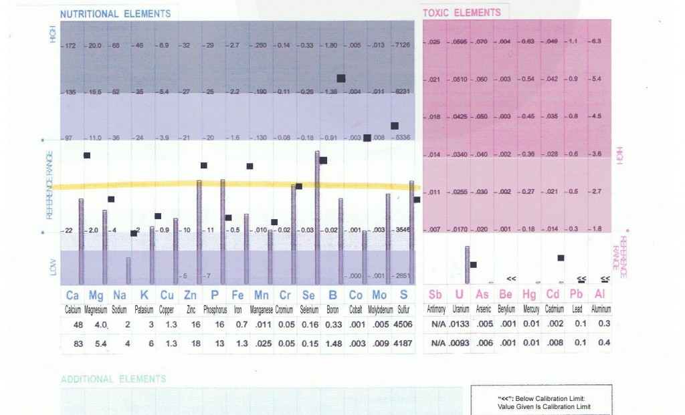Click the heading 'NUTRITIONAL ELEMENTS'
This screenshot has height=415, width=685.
115,13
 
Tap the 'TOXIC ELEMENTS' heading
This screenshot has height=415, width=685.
462,12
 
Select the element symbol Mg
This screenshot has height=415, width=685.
96,295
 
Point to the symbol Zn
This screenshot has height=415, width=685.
190,295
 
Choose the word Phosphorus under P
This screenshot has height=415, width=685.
215,309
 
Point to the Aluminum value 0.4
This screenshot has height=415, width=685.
604,343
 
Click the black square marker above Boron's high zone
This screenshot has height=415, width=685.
340,78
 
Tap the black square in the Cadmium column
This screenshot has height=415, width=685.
561,257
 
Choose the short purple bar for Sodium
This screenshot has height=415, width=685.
128,270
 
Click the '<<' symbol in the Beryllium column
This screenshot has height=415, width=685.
511,277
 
